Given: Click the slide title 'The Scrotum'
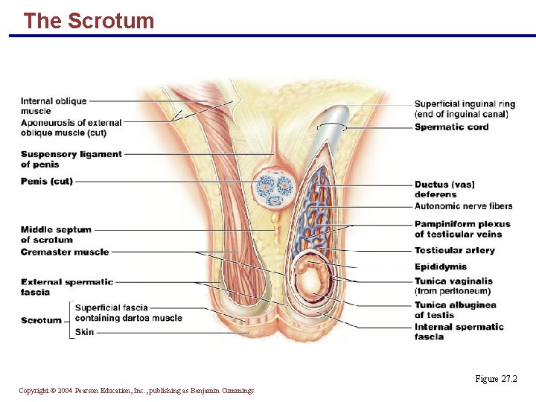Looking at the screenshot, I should (x=89, y=21).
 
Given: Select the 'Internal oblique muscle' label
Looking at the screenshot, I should (x=54, y=106).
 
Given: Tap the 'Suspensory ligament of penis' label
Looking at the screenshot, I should (x=71, y=159).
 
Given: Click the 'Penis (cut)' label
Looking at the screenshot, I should (x=47, y=181).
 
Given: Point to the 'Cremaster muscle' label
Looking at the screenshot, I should (x=65, y=252).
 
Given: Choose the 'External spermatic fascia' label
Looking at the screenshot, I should (x=67, y=287).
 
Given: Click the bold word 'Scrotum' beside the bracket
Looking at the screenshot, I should (x=42, y=320).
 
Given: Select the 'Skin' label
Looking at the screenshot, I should (x=85, y=332).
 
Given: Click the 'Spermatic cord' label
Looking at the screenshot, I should (x=452, y=127).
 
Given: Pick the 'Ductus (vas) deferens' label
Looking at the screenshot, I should (x=444, y=189).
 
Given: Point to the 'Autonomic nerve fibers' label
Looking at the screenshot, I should (x=464, y=206).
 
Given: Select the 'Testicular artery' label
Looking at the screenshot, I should (x=455, y=251).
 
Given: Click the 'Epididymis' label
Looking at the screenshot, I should (x=441, y=267).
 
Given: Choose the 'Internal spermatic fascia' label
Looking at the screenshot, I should (x=459, y=331).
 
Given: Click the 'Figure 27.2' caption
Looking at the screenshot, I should (x=496, y=379).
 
